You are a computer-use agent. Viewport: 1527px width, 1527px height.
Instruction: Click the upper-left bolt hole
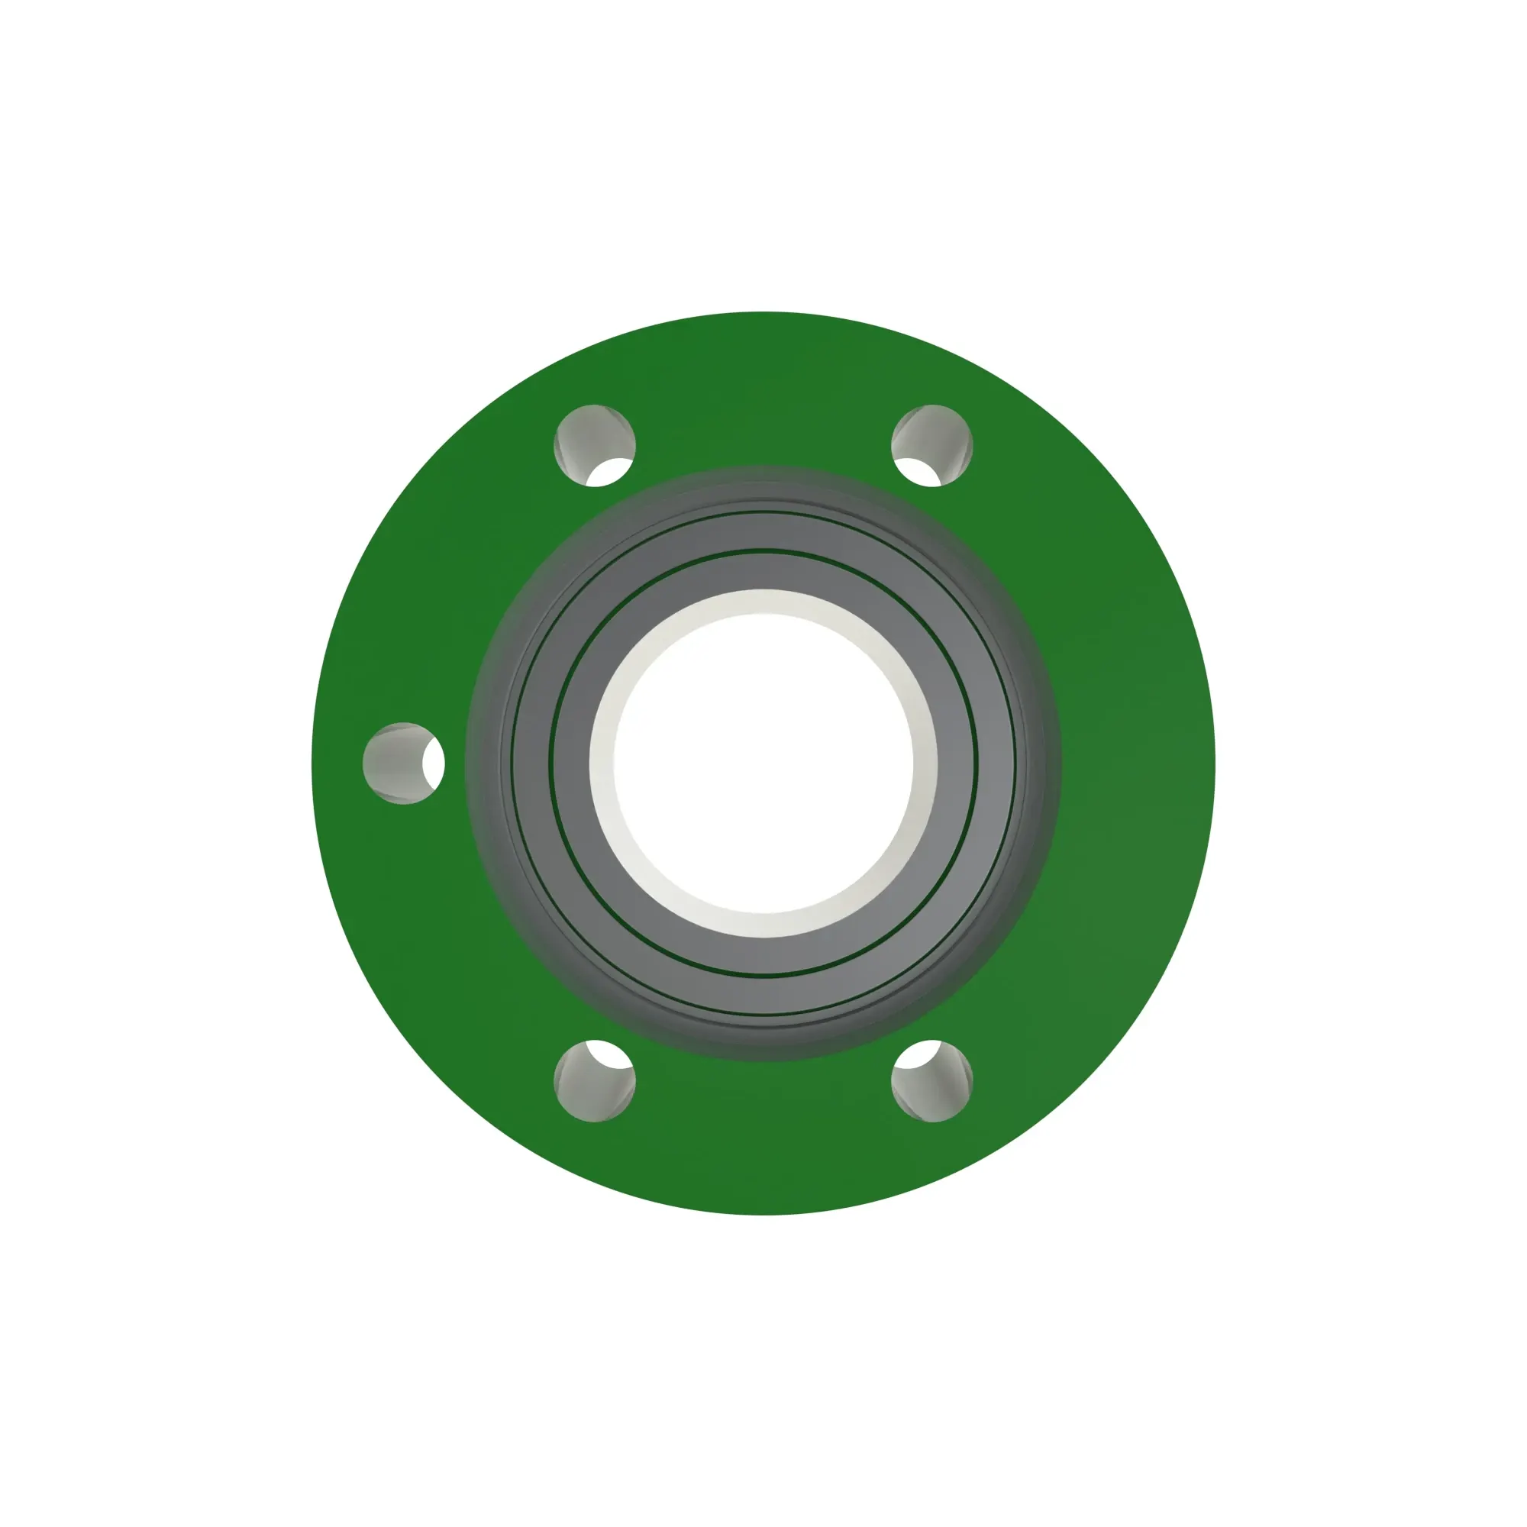pos(594,445)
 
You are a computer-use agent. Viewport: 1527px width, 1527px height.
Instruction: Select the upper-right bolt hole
pos(931,445)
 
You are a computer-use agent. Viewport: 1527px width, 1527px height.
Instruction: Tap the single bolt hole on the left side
pos(403,763)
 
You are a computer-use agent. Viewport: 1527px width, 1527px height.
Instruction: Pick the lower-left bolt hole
pos(594,1080)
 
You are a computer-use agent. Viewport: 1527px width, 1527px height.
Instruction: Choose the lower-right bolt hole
pos(931,1080)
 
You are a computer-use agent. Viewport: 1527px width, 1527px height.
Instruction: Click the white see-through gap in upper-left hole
pos(610,473)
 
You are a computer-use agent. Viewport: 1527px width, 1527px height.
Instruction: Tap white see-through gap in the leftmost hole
pos(433,763)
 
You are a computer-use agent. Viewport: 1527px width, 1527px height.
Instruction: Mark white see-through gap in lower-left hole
pos(610,1054)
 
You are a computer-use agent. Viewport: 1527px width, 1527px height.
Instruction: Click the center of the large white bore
pos(763,763)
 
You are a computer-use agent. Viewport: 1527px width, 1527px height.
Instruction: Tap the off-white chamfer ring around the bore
pos(763,602)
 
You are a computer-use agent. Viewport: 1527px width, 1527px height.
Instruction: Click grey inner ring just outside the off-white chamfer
pos(763,571)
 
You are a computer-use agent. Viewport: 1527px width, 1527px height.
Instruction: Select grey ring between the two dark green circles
pos(763,531)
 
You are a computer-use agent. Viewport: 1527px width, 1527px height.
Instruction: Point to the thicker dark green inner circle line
pos(763,550)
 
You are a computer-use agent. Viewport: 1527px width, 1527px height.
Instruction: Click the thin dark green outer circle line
pos(763,512)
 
